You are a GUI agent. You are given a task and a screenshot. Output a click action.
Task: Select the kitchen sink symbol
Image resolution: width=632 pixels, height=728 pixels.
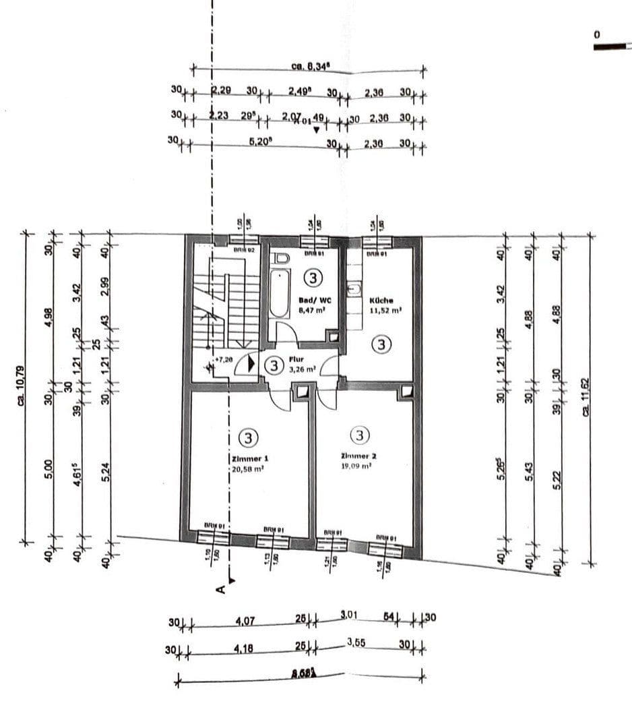[x=352, y=290]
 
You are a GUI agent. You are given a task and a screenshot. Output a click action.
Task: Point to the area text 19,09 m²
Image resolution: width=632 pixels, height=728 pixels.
[x=357, y=466]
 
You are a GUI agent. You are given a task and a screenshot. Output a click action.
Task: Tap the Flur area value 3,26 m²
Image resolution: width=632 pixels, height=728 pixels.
[x=302, y=369]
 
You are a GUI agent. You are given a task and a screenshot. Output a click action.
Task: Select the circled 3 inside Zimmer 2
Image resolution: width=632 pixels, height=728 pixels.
[x=360, y=435]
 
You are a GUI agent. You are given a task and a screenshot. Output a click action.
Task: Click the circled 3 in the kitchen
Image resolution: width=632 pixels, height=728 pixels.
[x=381, y=345]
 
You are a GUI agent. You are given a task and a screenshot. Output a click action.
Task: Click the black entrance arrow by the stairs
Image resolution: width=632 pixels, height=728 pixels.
[x=251, y=363]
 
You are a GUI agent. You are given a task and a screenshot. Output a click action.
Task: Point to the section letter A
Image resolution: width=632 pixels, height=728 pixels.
[x=220, y=590]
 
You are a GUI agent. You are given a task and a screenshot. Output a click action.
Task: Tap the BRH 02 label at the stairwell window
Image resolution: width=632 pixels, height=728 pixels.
[x=243, y=249]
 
